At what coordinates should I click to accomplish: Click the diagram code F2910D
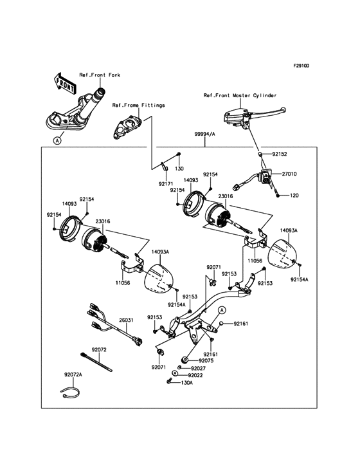pos(301,66)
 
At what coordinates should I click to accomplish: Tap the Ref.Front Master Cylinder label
pos(240,95)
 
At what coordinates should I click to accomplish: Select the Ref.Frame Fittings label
pos(139,105)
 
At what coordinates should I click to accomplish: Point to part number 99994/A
pos(205,134)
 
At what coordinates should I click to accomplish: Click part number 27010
pos(289,174)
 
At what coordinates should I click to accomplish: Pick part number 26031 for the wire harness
pos(126,320)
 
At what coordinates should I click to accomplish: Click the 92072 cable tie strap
pos(96,362)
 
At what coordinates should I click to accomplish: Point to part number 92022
pos(195,376)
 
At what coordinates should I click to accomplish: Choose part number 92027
pos(198,369)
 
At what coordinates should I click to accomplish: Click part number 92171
pos(166,183)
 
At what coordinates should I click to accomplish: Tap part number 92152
pos(280,154)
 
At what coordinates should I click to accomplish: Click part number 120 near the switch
pos(294,196)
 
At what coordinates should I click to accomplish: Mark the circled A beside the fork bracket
pos(57,140)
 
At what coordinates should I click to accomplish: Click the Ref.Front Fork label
pos(100,75)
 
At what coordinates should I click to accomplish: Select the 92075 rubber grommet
pos(184,359)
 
